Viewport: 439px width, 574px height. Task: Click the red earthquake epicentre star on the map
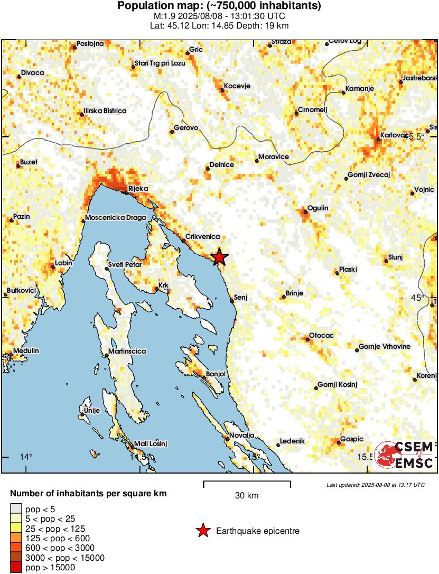coord(219,257)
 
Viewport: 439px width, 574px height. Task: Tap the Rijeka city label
coord(138,188)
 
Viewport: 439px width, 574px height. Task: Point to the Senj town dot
coord(232,301)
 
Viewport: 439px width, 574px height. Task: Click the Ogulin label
coord(319,208)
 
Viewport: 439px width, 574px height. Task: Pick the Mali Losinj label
coord(151,443)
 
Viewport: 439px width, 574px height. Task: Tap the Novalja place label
coord(242,435)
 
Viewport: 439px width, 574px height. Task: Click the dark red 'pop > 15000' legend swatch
coord(16,568)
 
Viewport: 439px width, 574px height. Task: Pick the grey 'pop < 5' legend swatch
coord(16,510)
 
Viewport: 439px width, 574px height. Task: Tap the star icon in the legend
coord(203,531)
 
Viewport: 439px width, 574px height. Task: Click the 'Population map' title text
coord(219,6)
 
